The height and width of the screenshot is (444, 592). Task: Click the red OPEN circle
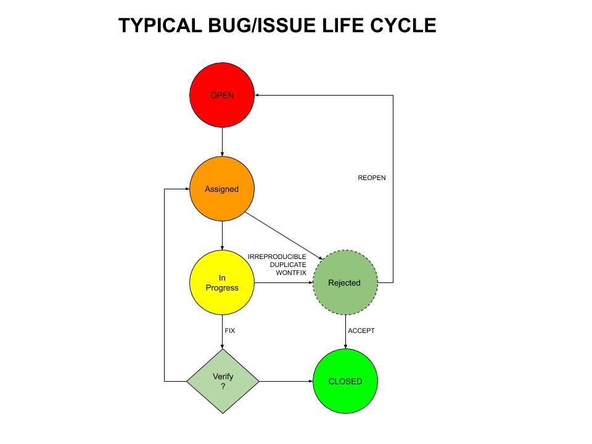[x=222, y=96]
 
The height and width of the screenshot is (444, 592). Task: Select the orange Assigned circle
[x=222, y=189]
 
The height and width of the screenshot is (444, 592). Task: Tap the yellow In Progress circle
[x=222, y=282]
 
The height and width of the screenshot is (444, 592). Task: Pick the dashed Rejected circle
[x=344, y=282]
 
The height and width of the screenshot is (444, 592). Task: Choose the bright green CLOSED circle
[x=345, y=381]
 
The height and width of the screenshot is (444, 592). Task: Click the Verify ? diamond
[x=223, y=381]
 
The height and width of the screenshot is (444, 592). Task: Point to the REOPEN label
[x=372, y=178]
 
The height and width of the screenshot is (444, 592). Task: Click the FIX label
[x=230, y=331]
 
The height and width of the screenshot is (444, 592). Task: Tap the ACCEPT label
[x=361, y=331]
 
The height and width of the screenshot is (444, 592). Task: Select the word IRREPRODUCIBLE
[x=277, y=257]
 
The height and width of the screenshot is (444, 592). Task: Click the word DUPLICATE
[x=288, y=265]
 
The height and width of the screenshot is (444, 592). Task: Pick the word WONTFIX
[x=291, y=273]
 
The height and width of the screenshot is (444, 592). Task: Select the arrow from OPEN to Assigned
[x=222, y=142]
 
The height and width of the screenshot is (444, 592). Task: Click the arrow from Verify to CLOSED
[x=286, y=381]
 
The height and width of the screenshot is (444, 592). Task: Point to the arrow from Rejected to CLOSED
[x=345, y=332]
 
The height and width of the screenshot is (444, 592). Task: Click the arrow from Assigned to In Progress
[x=222, y=235]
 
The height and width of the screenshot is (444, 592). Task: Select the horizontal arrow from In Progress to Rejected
[x=284, y=283]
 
